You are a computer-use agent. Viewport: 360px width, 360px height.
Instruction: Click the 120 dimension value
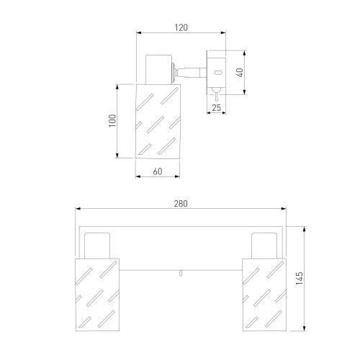(181, 27)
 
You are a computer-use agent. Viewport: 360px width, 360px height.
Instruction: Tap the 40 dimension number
(240, 73)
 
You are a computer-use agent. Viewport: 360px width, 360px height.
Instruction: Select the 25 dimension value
(216, 108)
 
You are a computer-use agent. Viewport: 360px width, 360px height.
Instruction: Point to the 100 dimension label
(112, 121)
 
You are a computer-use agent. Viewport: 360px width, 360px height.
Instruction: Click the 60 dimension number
(158, 171)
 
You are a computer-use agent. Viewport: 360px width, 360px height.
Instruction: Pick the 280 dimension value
(181, 204)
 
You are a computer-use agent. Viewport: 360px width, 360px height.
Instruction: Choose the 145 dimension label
(300, 279)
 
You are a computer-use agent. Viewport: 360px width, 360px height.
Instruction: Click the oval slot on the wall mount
(218, 72)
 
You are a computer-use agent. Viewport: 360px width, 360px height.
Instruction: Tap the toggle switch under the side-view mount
(216, 94)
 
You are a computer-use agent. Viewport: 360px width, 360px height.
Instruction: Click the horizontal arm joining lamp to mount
(191, 73)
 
